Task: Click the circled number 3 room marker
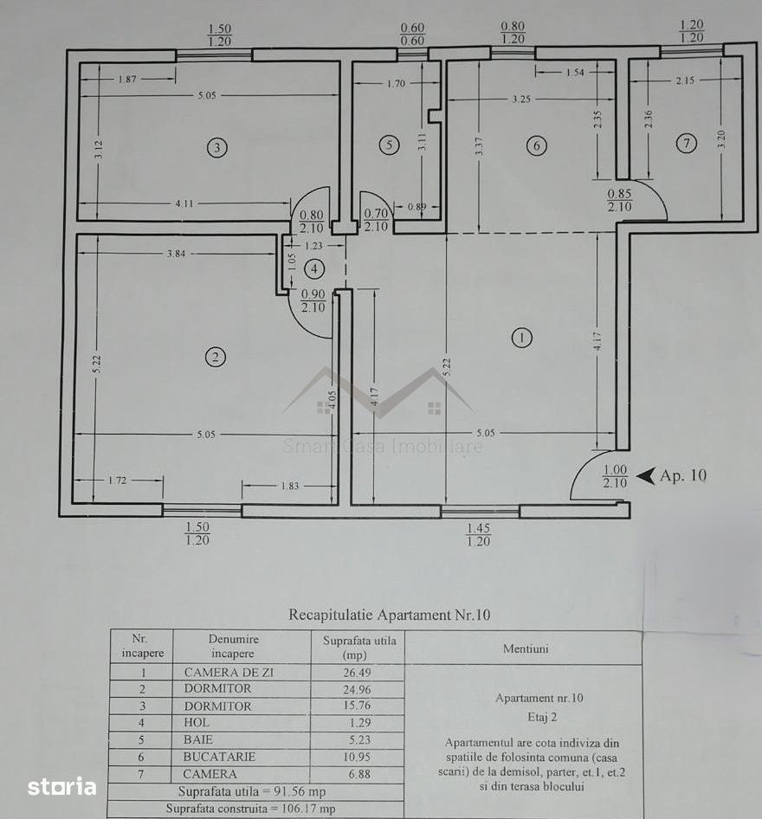click(x=217, y=148)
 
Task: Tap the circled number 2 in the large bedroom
click(x=215, y=358)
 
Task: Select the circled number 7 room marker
click(x=687, y=143)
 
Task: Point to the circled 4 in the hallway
click(x=314, y=269)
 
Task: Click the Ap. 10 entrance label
click(x=683, y=475)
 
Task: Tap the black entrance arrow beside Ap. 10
click(x=648, y=476)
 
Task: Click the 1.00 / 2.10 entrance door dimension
click(x=615, y=476)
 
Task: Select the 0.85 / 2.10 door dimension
click(x=619, y=200)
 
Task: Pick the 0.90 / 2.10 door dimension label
click(x=313, y=301)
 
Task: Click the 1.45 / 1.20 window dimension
click(x=478, y=535)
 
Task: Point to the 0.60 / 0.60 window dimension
click(x=412, y=34)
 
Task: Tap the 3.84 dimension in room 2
click(x=176, y=254)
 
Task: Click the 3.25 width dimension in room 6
click(x=521, y=100)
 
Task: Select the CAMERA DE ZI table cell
click(x=229, y=672)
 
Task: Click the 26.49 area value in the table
click(x=358, y=673)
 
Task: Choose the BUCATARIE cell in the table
click(x=219, y=757)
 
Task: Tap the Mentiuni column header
click(x=526, y=648)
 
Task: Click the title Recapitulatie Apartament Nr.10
click(x=390, y=615)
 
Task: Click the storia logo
click(x=61, y=786)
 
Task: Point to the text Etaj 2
click(x=542, y=717)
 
